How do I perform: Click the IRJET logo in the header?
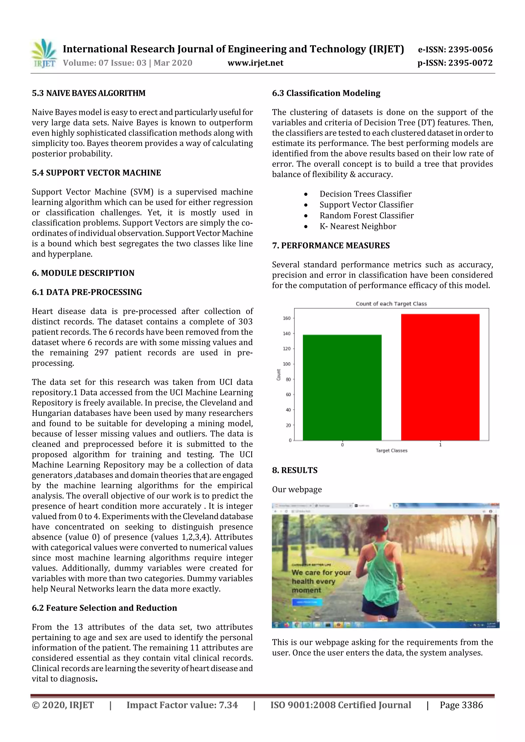coord(43,54)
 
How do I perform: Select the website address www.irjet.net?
coord(255,63)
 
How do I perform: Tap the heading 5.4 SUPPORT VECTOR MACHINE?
coord(96,173)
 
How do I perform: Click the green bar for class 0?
coord(342,388)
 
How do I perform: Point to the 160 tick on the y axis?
coord(287,318)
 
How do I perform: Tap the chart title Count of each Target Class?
coord(391,304)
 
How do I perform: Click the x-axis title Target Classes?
coord(391,451)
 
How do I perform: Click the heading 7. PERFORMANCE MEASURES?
coord(331,246)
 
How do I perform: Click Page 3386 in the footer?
coord(461,705)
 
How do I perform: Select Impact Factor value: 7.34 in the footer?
coord(182,705)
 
